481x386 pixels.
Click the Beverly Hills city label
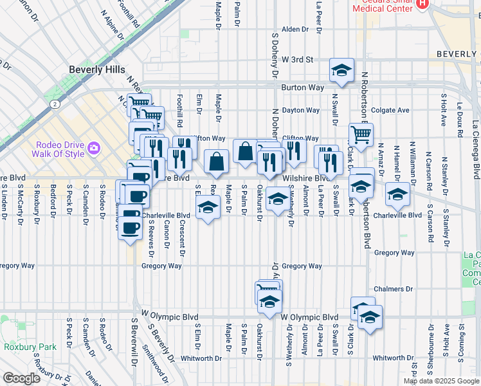point(97,69)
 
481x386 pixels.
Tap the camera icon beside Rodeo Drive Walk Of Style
point(94,148)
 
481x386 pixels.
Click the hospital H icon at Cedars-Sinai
point(422,4)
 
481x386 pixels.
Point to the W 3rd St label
point(297,60)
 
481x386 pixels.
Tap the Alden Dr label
point(295,30)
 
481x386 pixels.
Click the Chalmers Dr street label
point(391,289)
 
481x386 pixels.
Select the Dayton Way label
point(300,110)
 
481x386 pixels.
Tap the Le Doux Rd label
point(460,120)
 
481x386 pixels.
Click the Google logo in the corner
point(21,378)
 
